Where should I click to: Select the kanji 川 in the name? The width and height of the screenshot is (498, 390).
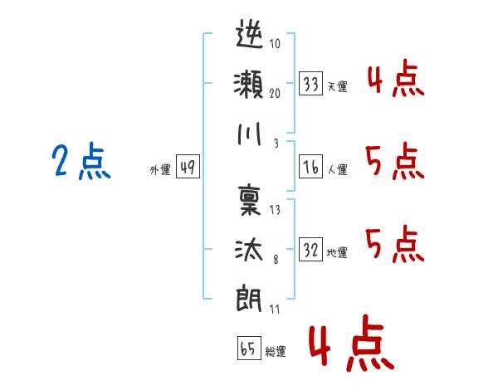pyautogui.click(x=250, y=133)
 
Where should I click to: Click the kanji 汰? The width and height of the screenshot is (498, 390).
pyautogui.click(x=250, y=248)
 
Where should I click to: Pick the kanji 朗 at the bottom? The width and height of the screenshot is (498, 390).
pyautogui.click(x=250, y=297)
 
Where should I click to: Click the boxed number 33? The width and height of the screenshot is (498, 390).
pyautogui.click(x=311, y=84)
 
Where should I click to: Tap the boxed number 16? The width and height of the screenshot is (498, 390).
pyautogui.click(x=311, y=167)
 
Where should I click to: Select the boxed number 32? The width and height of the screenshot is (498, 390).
pyautogui.click(x=311, y=250)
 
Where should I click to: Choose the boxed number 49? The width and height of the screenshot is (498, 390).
pyautogui.click(x=187, y=168)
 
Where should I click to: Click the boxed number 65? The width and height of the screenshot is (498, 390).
pyautogui.click(x=248, y=349)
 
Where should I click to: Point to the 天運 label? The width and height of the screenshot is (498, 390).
pyautogui.click(x=336, y=86)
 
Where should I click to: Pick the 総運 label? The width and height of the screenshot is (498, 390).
pyautogui.click(x=275, y=351)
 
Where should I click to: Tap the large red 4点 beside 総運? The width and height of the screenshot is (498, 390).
pyautogui.click(x=349, y=343)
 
